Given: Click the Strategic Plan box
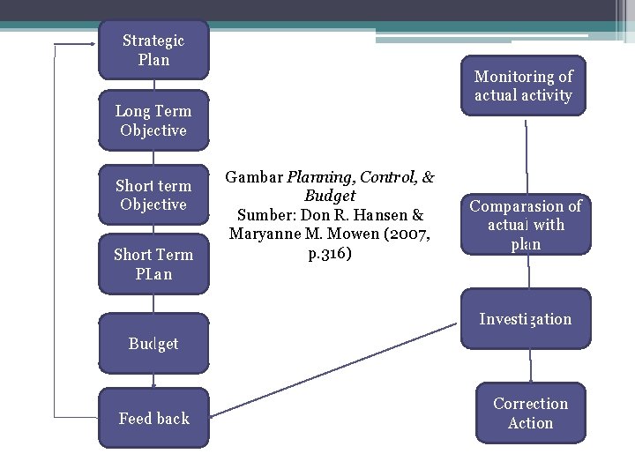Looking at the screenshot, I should [153, 50].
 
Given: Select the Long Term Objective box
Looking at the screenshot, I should [153, 121].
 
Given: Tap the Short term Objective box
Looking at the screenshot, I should [153, 195].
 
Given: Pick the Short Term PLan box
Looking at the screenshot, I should [153, 264].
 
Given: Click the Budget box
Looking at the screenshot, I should [153, 344].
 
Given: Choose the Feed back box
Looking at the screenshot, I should [153, 419].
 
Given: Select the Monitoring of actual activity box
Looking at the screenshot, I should [523, 86].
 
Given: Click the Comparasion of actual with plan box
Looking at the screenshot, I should [526, 225].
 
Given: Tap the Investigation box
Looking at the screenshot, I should [526, 319].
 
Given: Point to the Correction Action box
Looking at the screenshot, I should [530, 413].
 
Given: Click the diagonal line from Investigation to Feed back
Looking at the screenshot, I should [335, 368].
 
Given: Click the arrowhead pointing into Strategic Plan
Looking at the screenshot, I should [92, 42].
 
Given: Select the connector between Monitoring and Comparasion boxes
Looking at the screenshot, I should [527, 154].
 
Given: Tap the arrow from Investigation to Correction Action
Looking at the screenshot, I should [530, 366].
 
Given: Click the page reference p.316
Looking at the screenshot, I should [331, 254].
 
